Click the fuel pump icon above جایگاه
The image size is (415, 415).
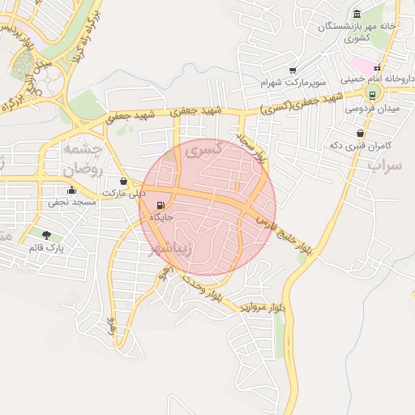[x=160, y=205]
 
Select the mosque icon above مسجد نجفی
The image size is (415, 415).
[x=72, y=190]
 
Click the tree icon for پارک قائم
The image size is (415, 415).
[x=46, y=235]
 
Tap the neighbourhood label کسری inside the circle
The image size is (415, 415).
[x=198, y=150]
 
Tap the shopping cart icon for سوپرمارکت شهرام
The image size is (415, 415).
[x=293, y=71]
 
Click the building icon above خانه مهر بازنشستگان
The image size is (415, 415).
[x=357, y=13]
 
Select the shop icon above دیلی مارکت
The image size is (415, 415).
[x=123, y=182]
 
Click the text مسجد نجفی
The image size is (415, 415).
[x=74, y=202]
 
